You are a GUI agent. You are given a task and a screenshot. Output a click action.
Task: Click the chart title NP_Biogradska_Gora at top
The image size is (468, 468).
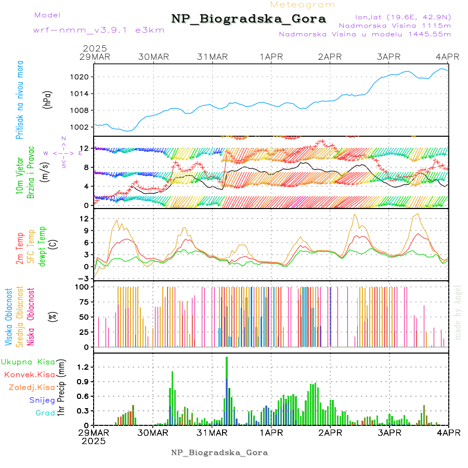coord(249,19)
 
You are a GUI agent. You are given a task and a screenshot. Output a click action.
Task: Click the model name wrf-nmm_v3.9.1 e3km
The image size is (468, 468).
coord(99,30)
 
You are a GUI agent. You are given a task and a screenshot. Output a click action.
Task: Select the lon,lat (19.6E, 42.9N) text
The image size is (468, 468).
coord(402,16)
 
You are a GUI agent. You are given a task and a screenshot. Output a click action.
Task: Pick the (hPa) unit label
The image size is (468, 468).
coord(48,99)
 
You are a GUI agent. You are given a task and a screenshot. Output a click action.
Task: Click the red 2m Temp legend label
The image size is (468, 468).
coord(20,249)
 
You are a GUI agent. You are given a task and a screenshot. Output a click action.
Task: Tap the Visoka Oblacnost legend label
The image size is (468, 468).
coord(9,317)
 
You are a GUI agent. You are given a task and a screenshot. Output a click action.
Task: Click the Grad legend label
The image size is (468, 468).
coord(45,413)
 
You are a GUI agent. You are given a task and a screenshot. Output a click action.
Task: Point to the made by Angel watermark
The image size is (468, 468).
coord(458,313)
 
